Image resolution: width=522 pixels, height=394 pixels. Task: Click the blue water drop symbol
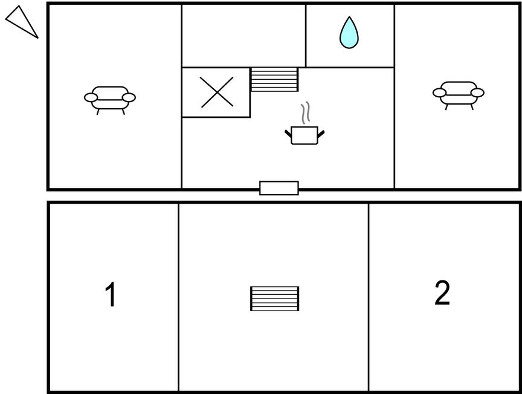click(x=349, y=33)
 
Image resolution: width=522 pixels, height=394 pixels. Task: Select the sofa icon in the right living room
click(x=459, y=95)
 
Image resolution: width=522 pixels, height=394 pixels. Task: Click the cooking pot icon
click(x=304, y=135)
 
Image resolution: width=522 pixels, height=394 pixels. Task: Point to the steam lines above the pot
click(x=306, y=113)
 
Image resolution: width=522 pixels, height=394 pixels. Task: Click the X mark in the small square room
click(x=217, y=92)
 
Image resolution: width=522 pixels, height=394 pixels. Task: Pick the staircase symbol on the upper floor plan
click(x=274, y=79)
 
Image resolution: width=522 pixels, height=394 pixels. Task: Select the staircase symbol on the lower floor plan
click(x=275, y=299)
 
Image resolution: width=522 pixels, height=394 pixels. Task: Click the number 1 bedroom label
click(x=110, y=294)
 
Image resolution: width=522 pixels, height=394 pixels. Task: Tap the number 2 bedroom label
click(x=442, y=292)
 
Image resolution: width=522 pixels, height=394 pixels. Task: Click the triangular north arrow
click(x=22, y=22)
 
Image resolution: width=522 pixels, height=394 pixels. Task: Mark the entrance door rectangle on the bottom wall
click(x=279, y=188)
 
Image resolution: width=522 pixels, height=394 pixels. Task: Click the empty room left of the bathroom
click(x=243, y=36)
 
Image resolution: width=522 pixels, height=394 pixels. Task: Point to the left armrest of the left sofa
click(x=91, y=97)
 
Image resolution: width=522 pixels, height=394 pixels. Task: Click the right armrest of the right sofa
click(x=477, y=93)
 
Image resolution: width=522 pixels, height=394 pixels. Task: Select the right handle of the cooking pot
click(x=321, y=134)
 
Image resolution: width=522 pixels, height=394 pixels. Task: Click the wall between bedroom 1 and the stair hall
click(x=178, y=297)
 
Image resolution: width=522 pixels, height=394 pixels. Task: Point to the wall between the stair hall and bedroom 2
click(x=369, y=297)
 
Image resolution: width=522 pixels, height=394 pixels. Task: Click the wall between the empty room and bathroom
click(x=306, y=36)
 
